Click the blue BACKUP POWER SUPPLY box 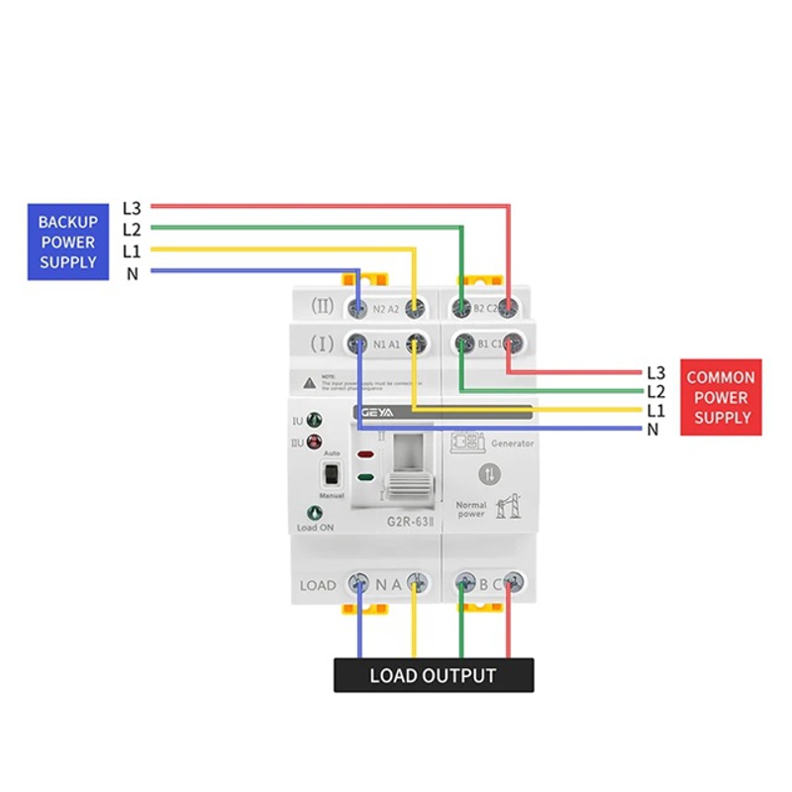coord(67,242)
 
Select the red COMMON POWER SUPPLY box coord(721,397)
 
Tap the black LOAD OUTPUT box coord(433,676)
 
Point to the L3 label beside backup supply coord(132,208)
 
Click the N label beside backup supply coord(132,273)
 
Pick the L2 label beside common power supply coord(655,392)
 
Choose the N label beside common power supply coord(652,430)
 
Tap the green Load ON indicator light coord(315,513)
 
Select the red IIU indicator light coord(315,442)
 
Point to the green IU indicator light coord(315,420)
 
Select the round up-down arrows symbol coord(490,473)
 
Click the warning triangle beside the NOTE coord(309,381)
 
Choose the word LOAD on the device coord(318,585)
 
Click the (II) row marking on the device coord(323,307)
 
